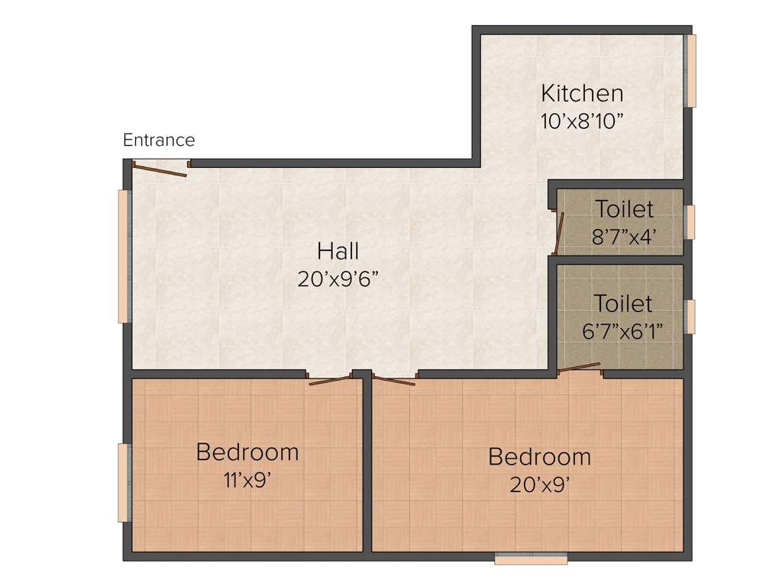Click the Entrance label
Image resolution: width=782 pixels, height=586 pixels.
(159, 140)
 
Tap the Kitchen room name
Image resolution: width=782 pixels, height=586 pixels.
(582, 94)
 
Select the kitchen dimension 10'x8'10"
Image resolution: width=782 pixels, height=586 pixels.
(582, 121)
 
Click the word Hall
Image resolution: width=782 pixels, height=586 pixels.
(338, 250)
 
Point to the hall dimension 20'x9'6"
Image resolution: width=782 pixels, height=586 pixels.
(338, 279)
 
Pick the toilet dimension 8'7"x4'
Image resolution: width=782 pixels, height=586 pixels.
(625, 237)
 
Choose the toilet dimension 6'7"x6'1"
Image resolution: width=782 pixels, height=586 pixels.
(623, 331)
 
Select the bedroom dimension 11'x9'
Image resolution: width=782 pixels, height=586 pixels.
(247, 481)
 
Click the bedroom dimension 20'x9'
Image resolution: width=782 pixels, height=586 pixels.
(539, 485)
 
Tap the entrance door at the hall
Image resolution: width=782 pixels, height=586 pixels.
(160, 169)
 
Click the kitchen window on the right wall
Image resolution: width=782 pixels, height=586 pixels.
(691, 70)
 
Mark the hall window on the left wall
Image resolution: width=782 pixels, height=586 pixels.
(122, 256)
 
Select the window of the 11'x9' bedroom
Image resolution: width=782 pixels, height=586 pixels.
(122, 482)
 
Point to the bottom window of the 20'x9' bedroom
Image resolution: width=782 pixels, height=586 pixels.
(531, 559)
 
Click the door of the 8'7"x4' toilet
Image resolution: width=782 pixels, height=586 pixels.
(559, 233)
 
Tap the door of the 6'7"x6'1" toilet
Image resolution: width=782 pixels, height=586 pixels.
(580, 368)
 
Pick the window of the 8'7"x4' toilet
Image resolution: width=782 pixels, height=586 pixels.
(690, 222)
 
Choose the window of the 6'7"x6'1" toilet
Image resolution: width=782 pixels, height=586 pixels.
(690, 317)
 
